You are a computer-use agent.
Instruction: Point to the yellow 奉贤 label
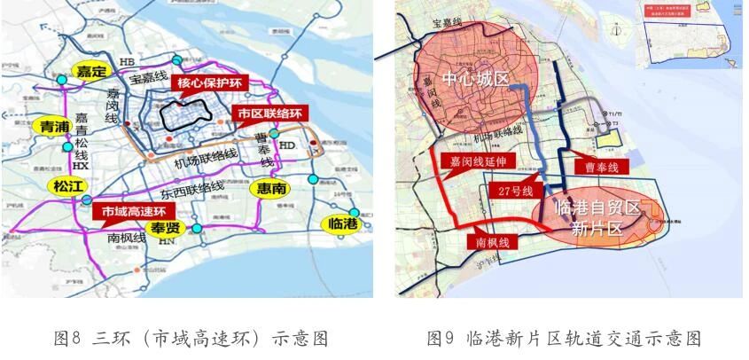166,228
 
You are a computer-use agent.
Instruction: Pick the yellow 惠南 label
270,189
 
